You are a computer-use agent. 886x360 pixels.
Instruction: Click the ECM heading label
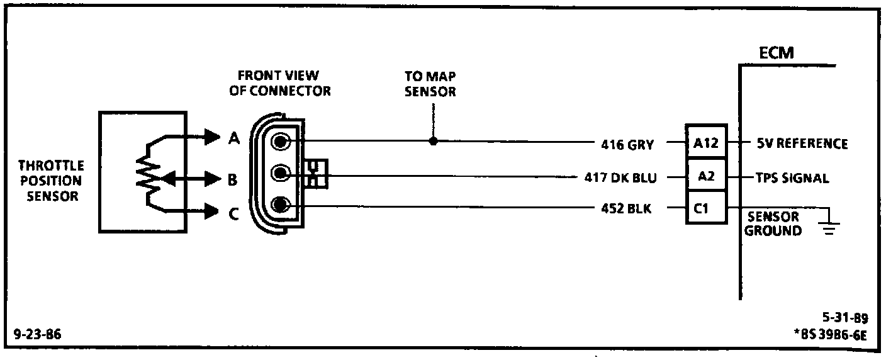pyautogui.click(x=777, y=53)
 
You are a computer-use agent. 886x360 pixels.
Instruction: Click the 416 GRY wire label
pyautogui.click(x=627, y=145)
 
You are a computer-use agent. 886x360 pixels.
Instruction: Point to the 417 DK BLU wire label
pyautogui.click(x=620, y=177)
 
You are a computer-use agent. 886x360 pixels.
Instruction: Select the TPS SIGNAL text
pyautogui.click(x=792, y=178)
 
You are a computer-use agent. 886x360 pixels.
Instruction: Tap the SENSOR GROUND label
pyautogui.click(x=773, y=224)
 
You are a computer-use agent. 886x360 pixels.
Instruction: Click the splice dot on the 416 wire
pyautogui.click(x=433, y=141)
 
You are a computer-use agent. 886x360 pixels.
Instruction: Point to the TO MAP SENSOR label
pyautogui.click(x=430, y=84)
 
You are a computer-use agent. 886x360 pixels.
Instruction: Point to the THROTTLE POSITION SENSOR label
pyautogui.click(x=51, y=181)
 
